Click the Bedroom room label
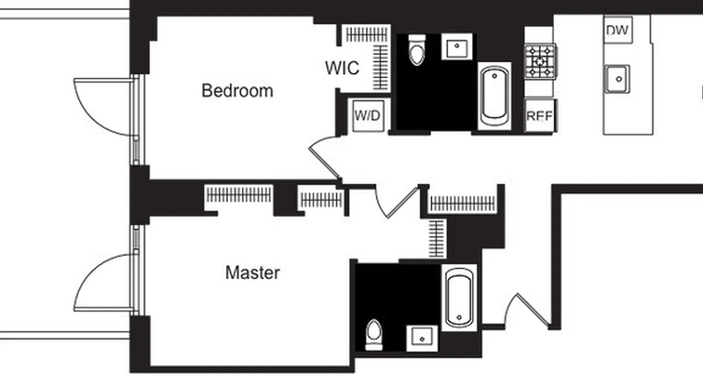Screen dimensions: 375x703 click(237, 90)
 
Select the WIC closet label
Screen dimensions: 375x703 click(343, 68)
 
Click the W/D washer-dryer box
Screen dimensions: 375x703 click(368, 116)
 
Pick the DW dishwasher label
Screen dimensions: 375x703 click(618, 30)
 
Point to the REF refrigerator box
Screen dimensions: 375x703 click(539, 116)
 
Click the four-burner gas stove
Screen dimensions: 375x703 click(540, 61)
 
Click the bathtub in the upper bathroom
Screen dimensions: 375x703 click(494, 96)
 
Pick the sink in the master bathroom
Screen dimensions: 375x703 click(422, 337)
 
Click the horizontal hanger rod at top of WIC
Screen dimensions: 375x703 click(367, 34)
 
